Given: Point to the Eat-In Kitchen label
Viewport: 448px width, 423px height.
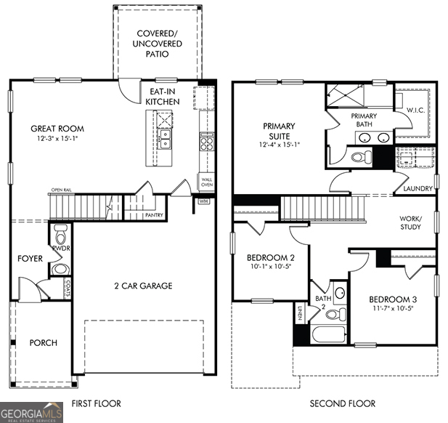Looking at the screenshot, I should tap(163, 97).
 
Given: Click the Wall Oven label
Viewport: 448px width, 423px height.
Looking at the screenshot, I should tap(206, 181).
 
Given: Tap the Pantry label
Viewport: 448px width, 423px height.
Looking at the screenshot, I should tap(154, 215).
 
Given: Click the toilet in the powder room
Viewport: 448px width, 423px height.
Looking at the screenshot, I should tap(61, 235).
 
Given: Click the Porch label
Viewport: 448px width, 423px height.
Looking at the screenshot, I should tap(43, 342).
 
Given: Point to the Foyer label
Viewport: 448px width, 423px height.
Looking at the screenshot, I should tap(30, 258).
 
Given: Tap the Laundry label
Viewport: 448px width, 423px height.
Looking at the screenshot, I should tap(418, 189).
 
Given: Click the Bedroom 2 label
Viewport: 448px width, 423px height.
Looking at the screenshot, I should tap(270, 258).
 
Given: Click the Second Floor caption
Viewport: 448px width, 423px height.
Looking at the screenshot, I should tap(343, 403).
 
